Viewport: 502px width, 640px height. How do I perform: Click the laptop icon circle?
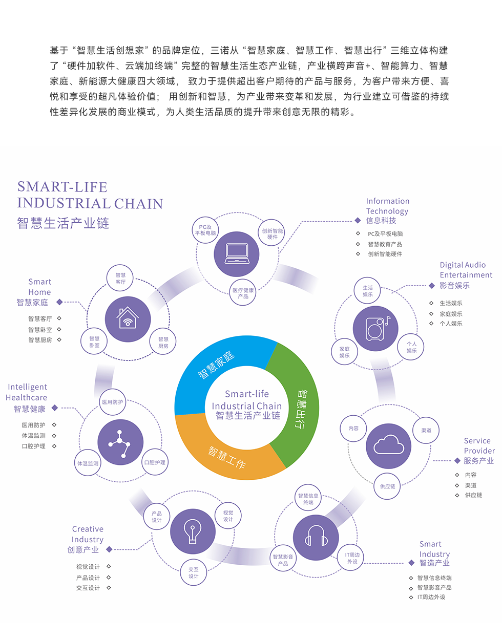point(236,254)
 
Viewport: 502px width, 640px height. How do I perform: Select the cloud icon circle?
point(388,446)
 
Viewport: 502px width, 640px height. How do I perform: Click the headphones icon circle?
point(316,538)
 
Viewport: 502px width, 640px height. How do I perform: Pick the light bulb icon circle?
point(193,531)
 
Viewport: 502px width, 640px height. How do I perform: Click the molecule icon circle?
point(120,442)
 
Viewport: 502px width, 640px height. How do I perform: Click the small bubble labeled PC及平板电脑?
point(205,230)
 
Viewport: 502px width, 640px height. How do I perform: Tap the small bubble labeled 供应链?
point(387,486)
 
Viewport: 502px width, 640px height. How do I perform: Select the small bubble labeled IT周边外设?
point(350,558)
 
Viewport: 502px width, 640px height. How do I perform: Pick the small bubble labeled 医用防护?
point(112,402)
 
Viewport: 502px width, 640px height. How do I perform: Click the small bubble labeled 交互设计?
point(193,572)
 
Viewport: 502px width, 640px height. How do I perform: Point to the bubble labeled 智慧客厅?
point(120,278)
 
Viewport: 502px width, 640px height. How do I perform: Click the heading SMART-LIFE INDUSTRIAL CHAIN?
point(90,195)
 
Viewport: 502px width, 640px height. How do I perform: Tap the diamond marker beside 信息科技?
point(358,220)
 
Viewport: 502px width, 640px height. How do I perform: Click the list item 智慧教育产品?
point(385,244)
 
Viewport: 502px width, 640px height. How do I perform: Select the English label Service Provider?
point(479,445)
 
